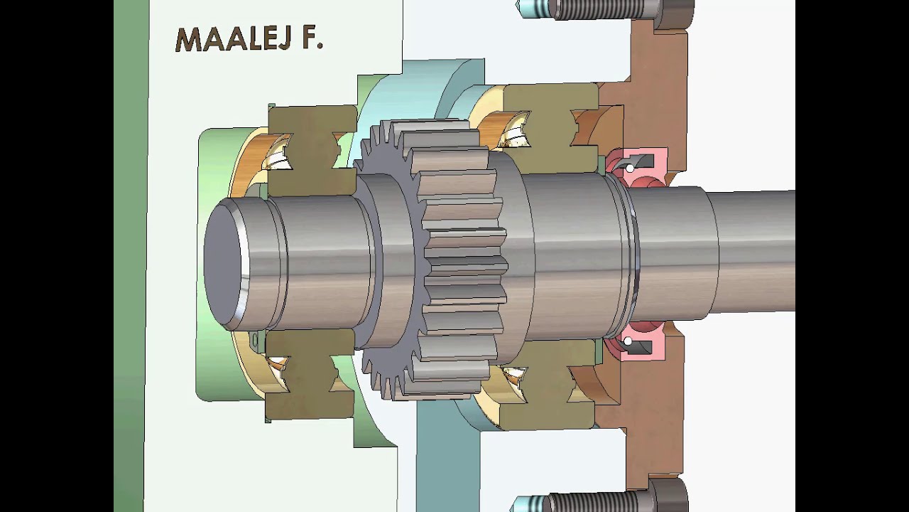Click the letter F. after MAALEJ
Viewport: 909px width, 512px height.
(313, 38)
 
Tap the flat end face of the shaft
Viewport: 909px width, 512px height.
(222, 263)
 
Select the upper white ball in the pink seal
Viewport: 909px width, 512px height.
(630, 168)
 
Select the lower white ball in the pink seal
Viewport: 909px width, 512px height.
(627, 342)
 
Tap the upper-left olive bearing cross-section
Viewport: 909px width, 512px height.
(312, 150)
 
